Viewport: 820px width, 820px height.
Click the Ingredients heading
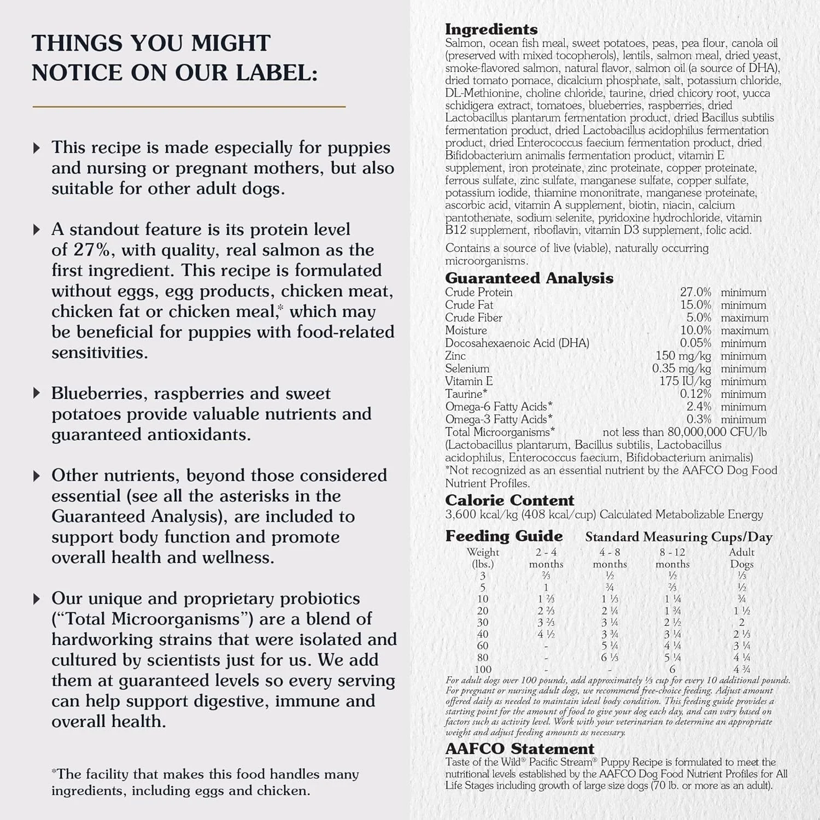(491, 30)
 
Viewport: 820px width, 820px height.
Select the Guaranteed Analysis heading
(529, 278)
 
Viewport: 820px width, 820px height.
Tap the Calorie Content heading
(509, 500)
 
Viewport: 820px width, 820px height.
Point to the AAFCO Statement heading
(519, 748)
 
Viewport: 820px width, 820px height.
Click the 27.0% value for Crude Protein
(695, 292)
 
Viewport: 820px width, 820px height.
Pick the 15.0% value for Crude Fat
(695, 305)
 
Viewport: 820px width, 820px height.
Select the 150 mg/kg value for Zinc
(683, 356)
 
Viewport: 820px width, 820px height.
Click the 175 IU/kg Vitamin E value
(685, 381)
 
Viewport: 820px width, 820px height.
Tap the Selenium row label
(467, 368)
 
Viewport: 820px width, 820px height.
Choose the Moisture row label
(466, 330)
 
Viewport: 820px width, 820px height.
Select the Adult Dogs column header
(741, 558)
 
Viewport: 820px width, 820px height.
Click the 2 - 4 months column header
(546, 558)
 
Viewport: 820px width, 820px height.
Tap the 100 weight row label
(483, 669)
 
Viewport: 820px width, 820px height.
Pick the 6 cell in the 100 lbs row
(672, 669)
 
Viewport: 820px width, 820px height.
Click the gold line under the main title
(189, 107)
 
